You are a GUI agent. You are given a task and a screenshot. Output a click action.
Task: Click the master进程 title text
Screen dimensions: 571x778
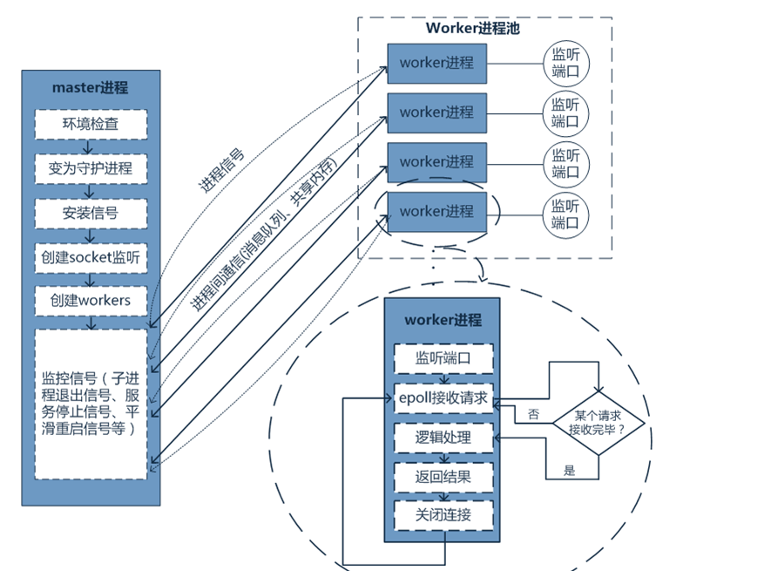(91, 87)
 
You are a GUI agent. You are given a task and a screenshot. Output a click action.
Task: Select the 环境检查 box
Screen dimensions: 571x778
(91, 124)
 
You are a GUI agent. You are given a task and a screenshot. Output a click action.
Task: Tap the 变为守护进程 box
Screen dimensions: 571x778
(91, 167)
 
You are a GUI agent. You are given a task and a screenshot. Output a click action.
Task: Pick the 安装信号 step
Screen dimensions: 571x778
(91, 212)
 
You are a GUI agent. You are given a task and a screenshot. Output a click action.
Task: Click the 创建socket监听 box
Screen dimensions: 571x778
(91, 257)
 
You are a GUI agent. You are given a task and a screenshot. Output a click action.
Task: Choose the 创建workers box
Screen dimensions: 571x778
(91, 301)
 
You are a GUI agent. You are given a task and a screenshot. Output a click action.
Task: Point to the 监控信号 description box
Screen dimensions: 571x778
(91, 404)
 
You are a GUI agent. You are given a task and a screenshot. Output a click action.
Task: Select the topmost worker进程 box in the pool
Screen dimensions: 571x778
(436, 63)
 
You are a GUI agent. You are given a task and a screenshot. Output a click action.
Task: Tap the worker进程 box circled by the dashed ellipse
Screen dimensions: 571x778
(436, 212)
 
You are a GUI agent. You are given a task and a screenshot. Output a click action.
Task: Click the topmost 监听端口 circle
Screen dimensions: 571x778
(565, 63)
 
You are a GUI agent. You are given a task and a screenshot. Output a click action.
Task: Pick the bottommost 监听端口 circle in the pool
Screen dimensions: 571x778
(565, 213)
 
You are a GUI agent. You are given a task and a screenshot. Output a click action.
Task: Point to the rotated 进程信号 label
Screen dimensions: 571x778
(221, 171)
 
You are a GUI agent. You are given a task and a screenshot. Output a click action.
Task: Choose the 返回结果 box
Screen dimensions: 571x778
(443, 477)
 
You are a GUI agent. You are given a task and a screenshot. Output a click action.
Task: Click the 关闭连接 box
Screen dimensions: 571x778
(443, 514)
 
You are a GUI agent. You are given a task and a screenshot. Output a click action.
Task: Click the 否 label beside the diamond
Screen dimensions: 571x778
(533, 415)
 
